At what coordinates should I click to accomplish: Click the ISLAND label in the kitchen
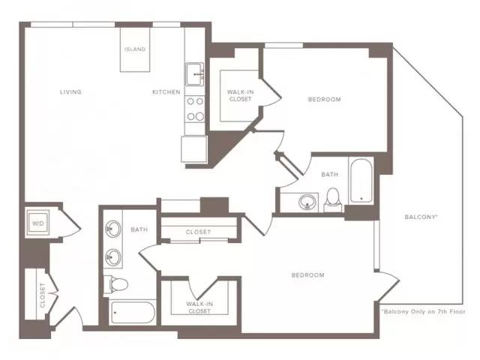(x=135, y=49)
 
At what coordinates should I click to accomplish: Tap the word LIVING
(x=70, y=91)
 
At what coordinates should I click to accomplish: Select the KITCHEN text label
(x=166, y=91)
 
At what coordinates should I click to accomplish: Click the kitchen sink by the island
(x=195, y=74)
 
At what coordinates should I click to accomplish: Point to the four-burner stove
(x=195, y=109)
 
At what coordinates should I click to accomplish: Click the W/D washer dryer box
(x=38, y=223)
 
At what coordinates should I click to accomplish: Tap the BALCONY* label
(x=421, y=217)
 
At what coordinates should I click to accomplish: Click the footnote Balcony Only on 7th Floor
(x=423, y=312)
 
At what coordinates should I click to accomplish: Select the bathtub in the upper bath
(x=361, y=180)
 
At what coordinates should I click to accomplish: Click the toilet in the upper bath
(x=333, y=199)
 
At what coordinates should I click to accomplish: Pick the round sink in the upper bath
(x=307, y=202)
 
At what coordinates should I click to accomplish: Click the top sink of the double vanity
(x=113, y=229)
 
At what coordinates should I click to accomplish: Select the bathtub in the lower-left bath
(x=133, y=312)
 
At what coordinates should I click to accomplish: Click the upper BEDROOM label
(x=324, y=100)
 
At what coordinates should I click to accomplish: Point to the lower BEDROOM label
(x=307, y=275)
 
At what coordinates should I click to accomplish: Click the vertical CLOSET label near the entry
(x=43, y=295)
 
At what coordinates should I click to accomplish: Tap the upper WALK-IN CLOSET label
(x=240, y=95)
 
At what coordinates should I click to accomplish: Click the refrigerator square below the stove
(x=194, y=149)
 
